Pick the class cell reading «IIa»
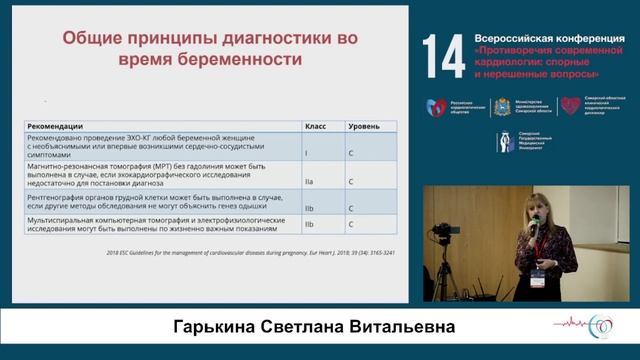coord(310,182)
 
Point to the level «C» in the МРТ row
coord(350,182)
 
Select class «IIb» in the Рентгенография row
coord(310,209)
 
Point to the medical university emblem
coord(507,142)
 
